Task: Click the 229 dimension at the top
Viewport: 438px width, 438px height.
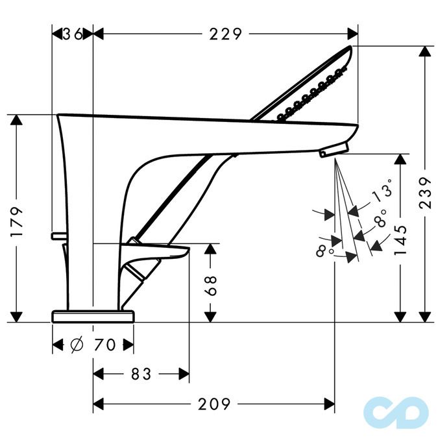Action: click(225, 34)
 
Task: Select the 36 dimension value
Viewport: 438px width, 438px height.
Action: click(73, 34)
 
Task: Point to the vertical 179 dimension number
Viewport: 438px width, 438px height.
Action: click(17, 221)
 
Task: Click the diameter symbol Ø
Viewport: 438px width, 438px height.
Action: click(76, 345)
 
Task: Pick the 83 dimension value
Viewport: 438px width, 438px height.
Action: click(141, 374)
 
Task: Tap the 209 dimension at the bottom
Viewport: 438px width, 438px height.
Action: click(215, 405)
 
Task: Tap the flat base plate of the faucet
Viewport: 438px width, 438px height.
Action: click(93, 316)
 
